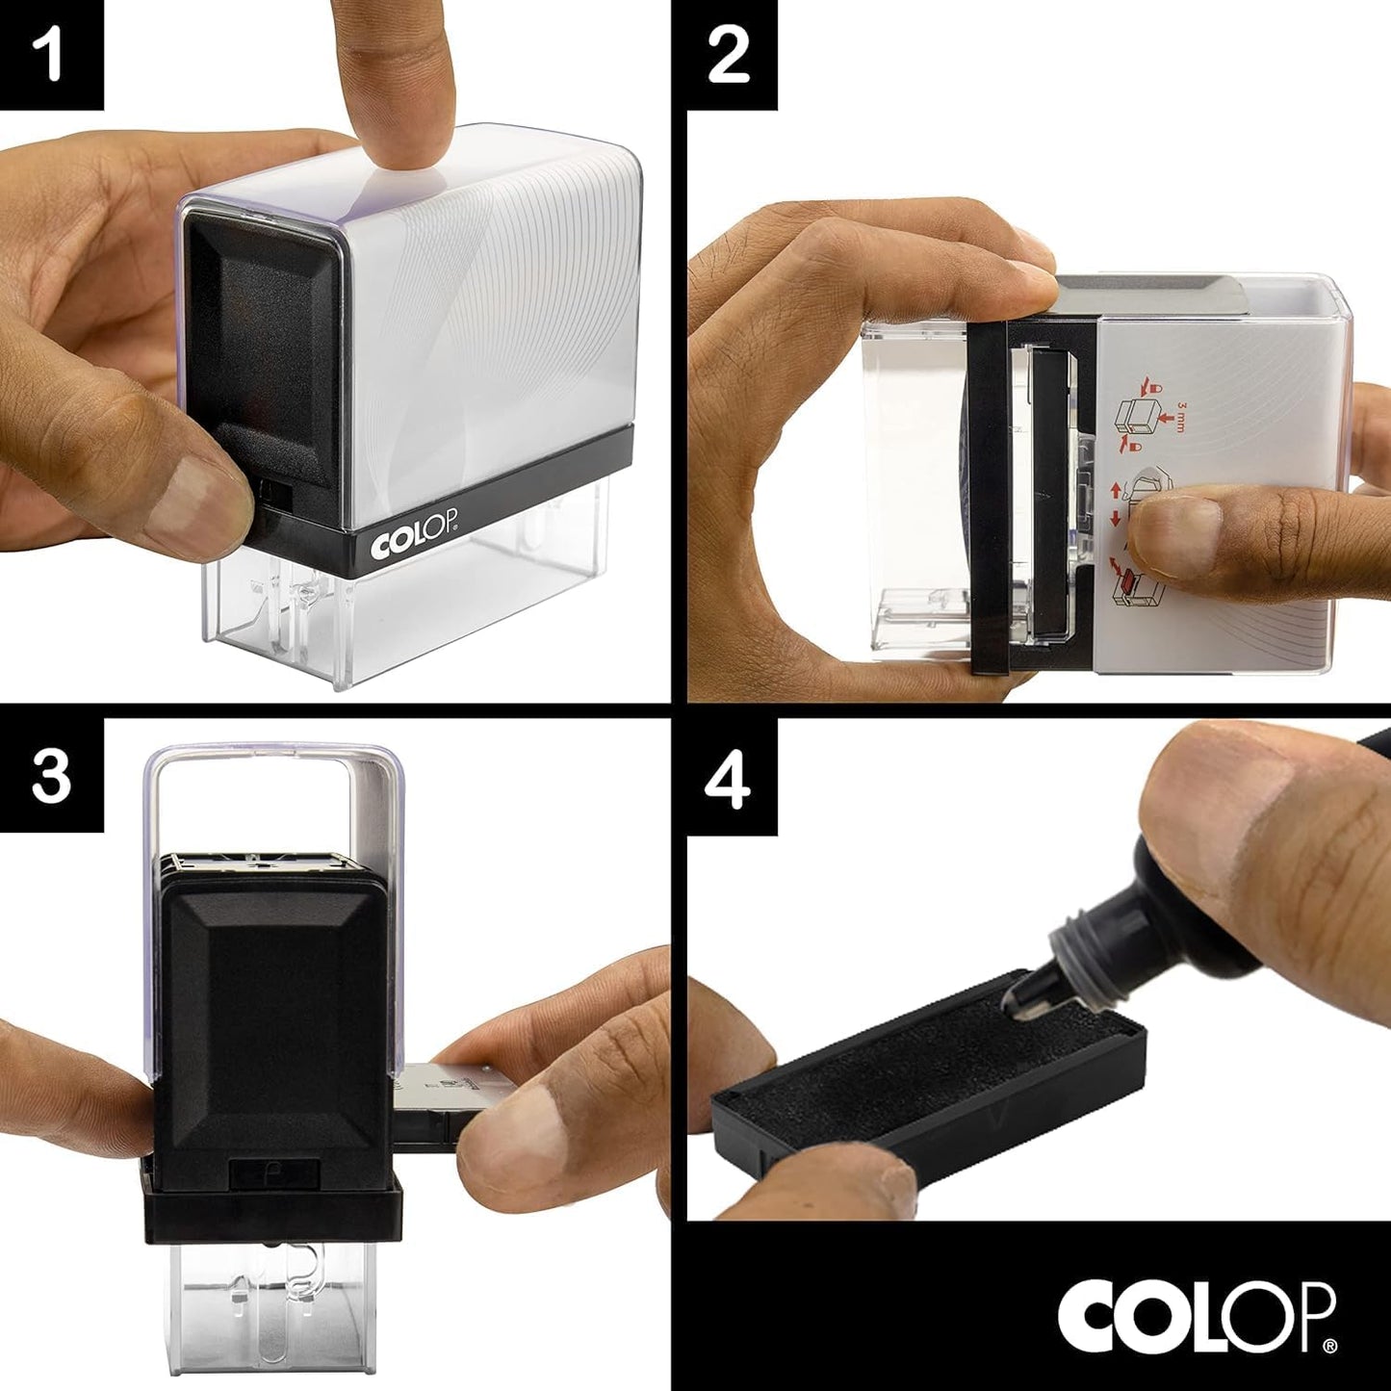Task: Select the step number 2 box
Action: [x=729, y=54]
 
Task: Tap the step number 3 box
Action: [x=51, y=776]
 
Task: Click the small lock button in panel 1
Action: [x=276, y=496]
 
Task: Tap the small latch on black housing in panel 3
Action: [x=274, y=1173]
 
